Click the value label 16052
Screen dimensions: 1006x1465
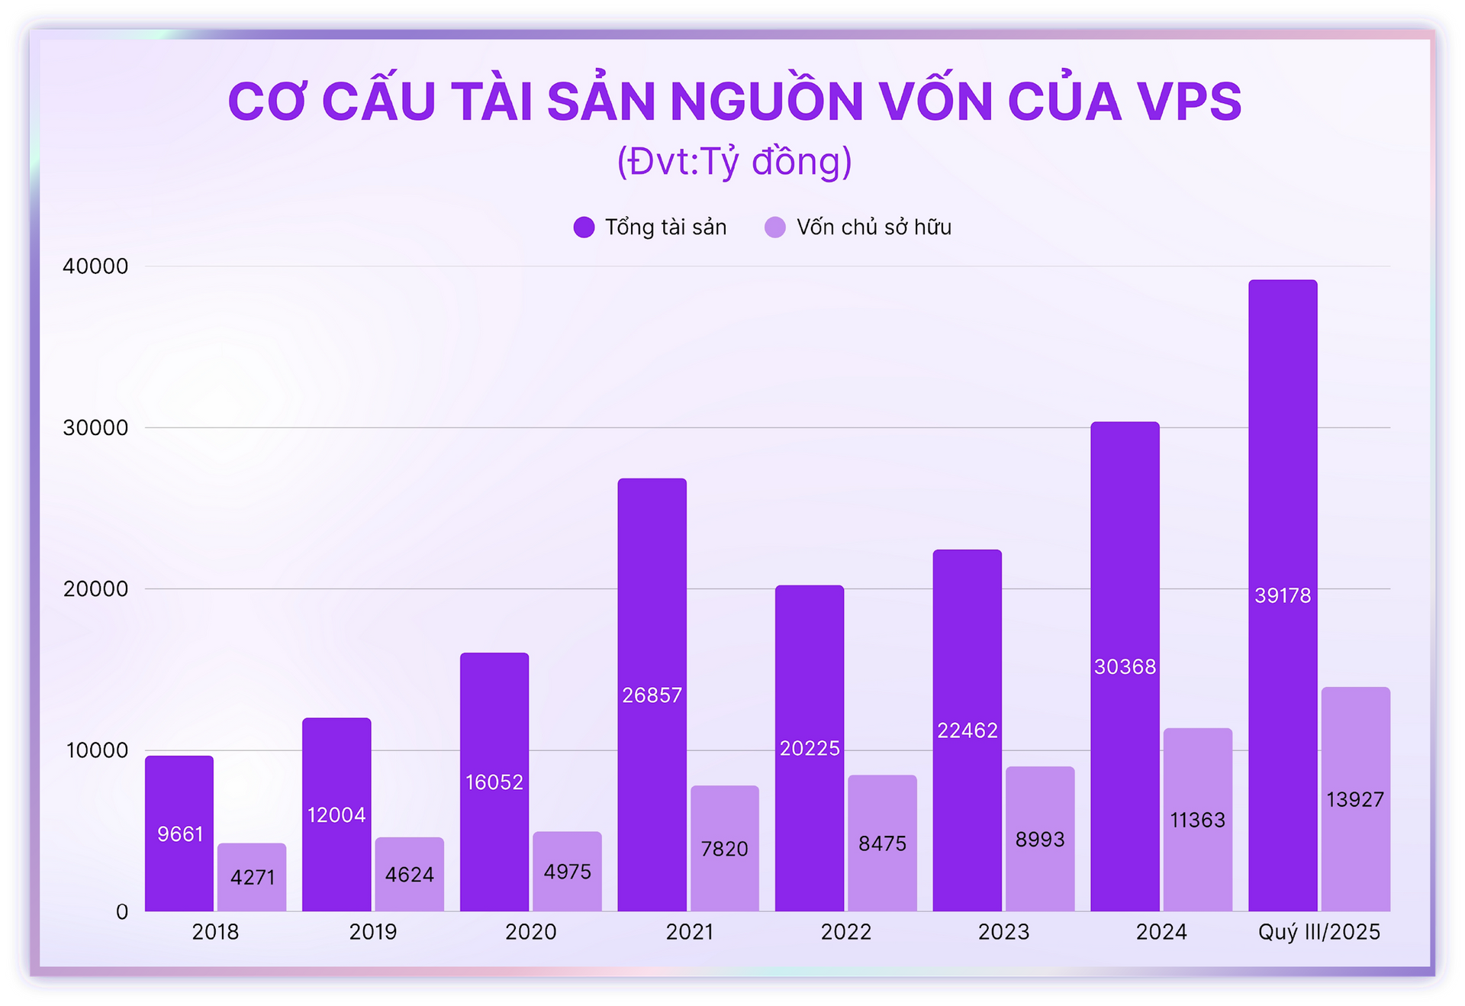494,782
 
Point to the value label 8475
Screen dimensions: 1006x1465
882,843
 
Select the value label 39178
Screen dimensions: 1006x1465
1283,595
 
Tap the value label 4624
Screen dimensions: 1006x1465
409,874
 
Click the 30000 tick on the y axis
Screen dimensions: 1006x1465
95,427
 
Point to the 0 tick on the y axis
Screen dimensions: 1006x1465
122,911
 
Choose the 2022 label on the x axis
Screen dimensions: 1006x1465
845,932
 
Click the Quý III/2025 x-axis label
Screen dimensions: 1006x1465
1318,932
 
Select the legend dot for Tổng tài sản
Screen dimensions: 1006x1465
584,227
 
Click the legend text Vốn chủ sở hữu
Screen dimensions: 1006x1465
874,227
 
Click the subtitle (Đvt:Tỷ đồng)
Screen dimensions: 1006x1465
734,162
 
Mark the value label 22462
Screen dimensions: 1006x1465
967,730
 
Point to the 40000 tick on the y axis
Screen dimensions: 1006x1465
95,266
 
